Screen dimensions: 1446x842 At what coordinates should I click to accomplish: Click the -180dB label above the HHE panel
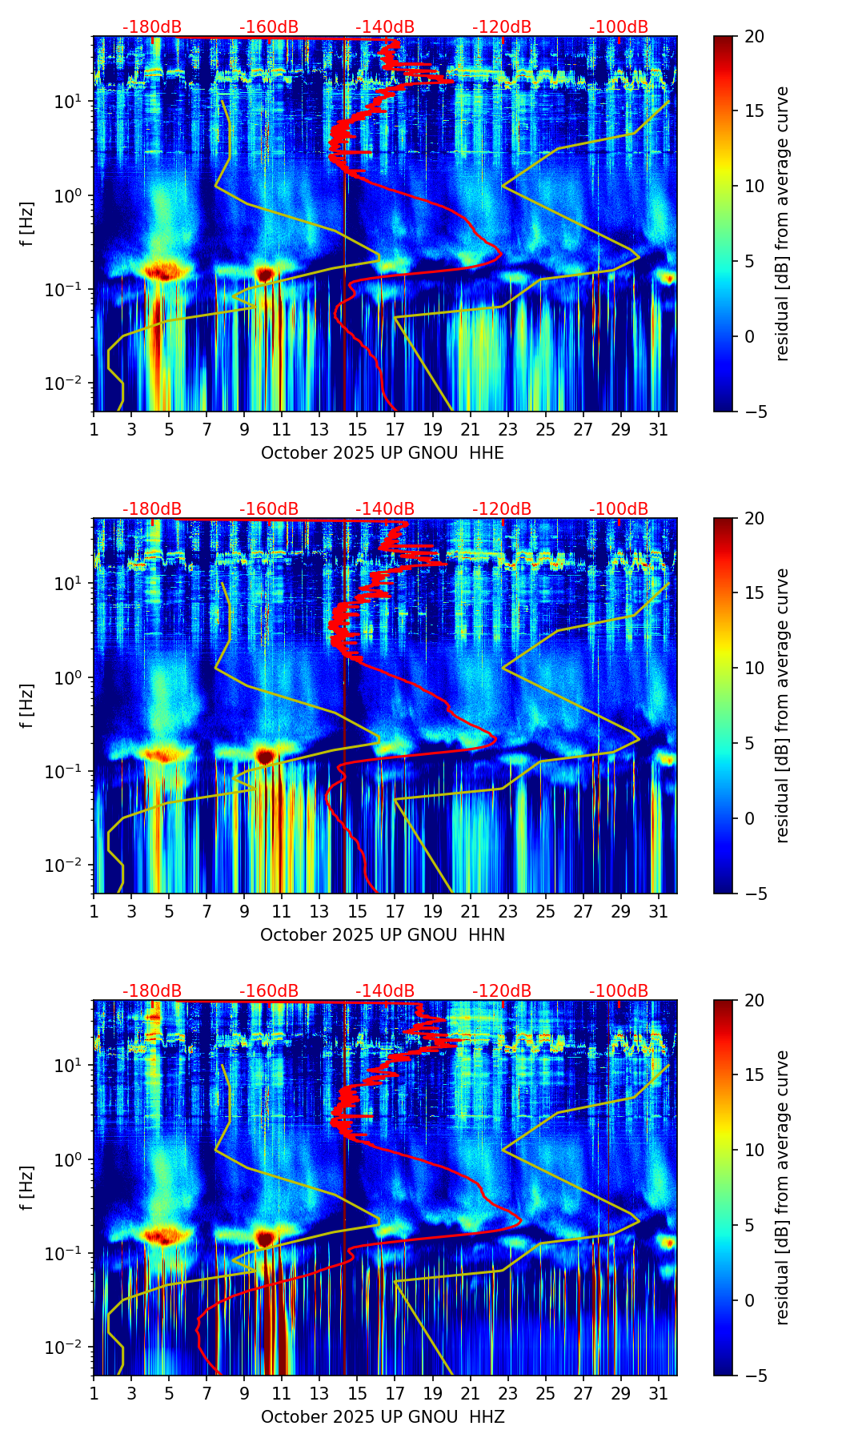tap(152, 28)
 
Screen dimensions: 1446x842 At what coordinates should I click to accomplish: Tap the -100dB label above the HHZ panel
tap(619, 991)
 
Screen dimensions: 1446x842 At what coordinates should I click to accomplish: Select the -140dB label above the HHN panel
tap(385, 509)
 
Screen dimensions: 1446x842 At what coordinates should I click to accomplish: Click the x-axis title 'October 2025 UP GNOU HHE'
tap(383, 453)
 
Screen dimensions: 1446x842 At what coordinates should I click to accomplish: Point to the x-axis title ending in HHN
tap(383, 935)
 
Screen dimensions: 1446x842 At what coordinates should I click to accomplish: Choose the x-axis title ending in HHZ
tap(383, 1417)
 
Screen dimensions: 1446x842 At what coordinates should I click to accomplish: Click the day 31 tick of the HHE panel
tap(659, 429)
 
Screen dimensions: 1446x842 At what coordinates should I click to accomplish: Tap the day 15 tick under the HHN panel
tap(358, 911)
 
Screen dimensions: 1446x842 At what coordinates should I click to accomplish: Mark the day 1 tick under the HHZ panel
tap(94, 1393)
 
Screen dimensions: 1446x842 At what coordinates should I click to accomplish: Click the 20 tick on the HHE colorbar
tap(753, 37)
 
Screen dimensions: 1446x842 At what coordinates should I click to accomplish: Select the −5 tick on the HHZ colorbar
tap(753, 1376)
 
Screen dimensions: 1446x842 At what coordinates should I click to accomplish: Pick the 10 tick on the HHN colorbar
tap(753, 669)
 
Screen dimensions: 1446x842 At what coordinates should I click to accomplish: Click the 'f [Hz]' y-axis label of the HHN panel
tap(27, 705)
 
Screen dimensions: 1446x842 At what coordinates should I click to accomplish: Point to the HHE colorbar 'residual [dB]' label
tap(782, 223)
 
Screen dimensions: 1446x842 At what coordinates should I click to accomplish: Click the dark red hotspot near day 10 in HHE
tap(265, 274)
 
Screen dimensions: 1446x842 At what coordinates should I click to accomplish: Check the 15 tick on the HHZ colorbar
tap(753, 1075)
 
